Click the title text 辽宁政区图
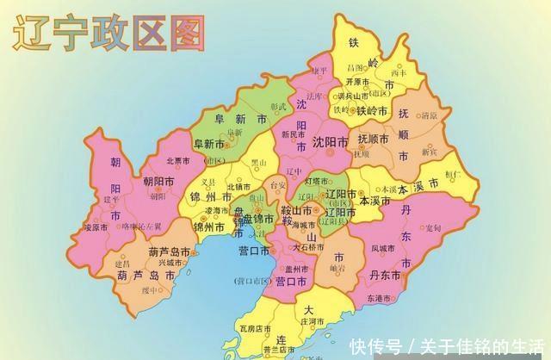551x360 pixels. (108, 34)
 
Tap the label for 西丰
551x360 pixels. (397, 73)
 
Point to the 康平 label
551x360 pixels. (320, 70)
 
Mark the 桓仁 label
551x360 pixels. (454, 174)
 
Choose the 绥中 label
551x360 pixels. (152, 290)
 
